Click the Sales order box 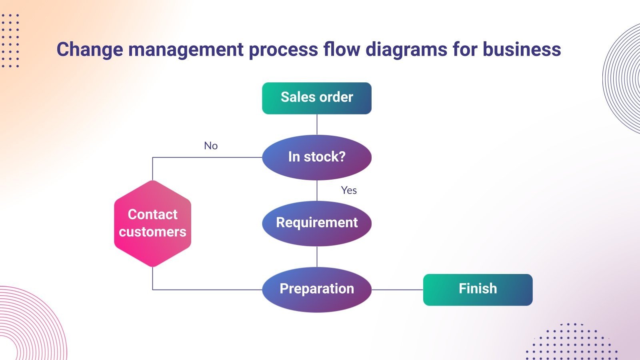point(316,98)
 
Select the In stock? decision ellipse point(316,157)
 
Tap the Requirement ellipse point(316,223)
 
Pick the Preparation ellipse point(316,289)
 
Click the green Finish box point(478,290)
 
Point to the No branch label point(211,146)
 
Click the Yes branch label point(349,190)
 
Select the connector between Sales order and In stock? point(317,124)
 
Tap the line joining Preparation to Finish point(397,290)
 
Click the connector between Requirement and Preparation point(317,256)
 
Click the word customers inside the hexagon point(152,232)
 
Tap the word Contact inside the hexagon point(152,214)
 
